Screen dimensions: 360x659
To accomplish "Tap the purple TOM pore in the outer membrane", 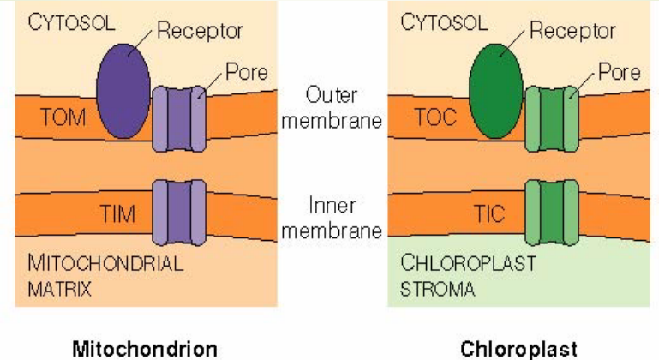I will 179,118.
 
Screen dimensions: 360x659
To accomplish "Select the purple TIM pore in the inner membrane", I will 179,212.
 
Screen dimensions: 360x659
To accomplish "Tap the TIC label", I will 491,213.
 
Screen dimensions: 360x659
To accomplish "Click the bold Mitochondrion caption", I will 145,348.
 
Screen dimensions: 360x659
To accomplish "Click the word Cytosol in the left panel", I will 71,22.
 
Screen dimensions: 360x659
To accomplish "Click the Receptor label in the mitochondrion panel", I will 200,31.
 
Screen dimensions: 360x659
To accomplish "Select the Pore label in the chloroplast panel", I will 618,72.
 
